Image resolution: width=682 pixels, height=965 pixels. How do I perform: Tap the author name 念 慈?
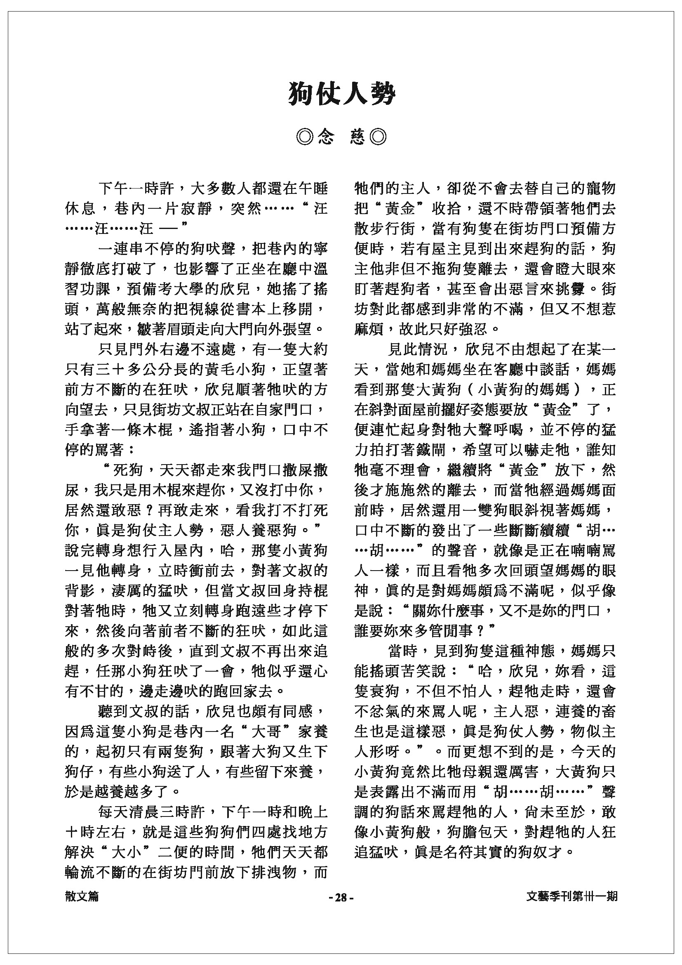(341, 137)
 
